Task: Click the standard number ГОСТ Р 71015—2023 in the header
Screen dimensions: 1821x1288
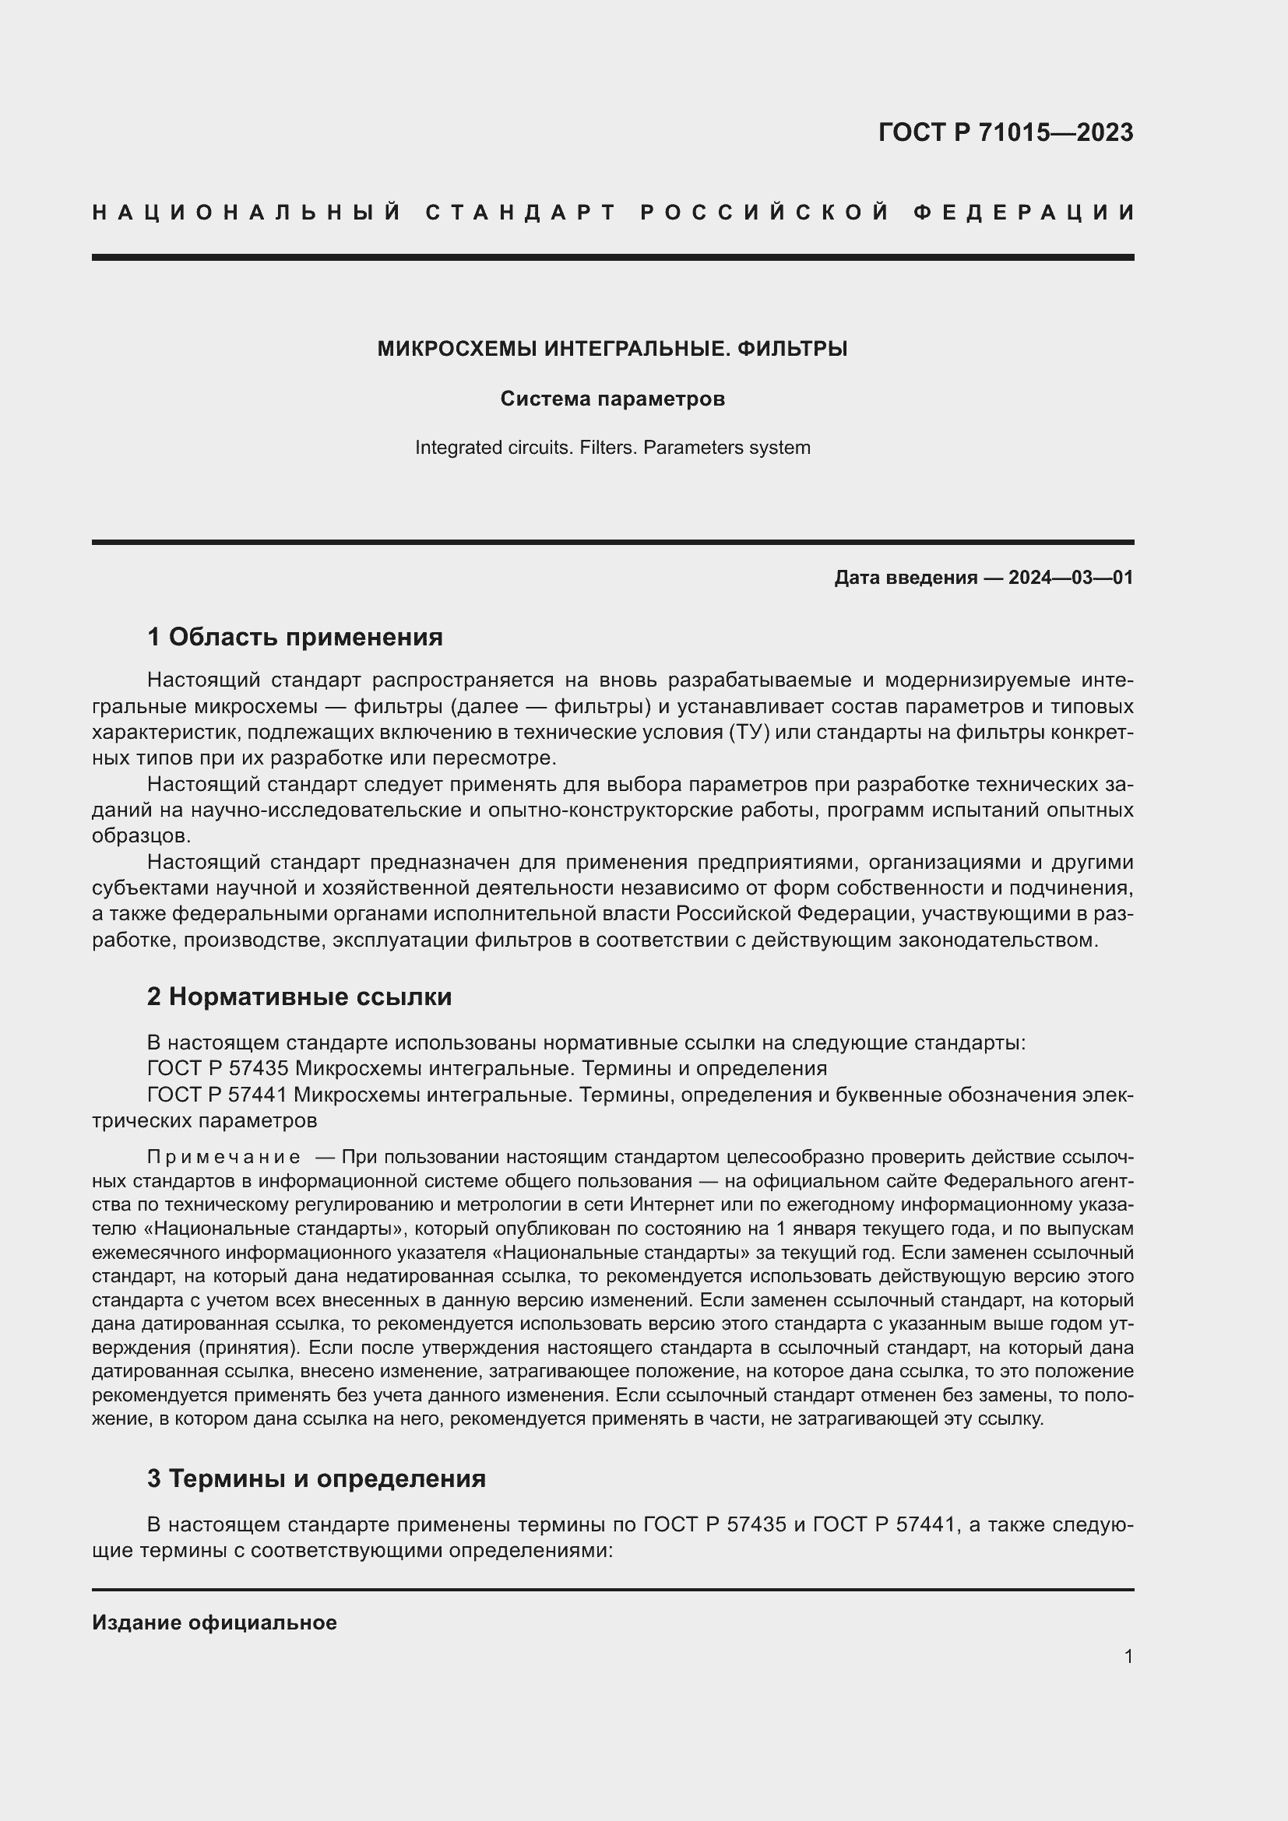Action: pos(1005,132)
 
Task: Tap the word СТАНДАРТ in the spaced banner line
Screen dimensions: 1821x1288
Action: pos(521,213)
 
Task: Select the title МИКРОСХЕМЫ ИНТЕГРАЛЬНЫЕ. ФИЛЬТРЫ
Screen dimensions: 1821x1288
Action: pos(612,348)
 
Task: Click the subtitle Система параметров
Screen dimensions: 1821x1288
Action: pos(612,399)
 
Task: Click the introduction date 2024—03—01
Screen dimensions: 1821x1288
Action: pos(1071,578)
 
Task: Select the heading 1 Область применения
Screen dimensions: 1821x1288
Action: pos(295,636)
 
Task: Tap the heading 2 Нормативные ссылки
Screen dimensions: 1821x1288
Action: pos(299,997)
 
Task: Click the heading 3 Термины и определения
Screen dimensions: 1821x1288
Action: pos(316,1479)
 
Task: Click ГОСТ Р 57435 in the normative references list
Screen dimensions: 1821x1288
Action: pos(217,1069)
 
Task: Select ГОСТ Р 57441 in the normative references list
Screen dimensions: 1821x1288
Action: pos(217,1095)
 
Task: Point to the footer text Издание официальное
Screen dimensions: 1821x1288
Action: pos(214,1622)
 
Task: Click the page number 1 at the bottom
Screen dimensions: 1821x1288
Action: pos(1128,1656)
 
